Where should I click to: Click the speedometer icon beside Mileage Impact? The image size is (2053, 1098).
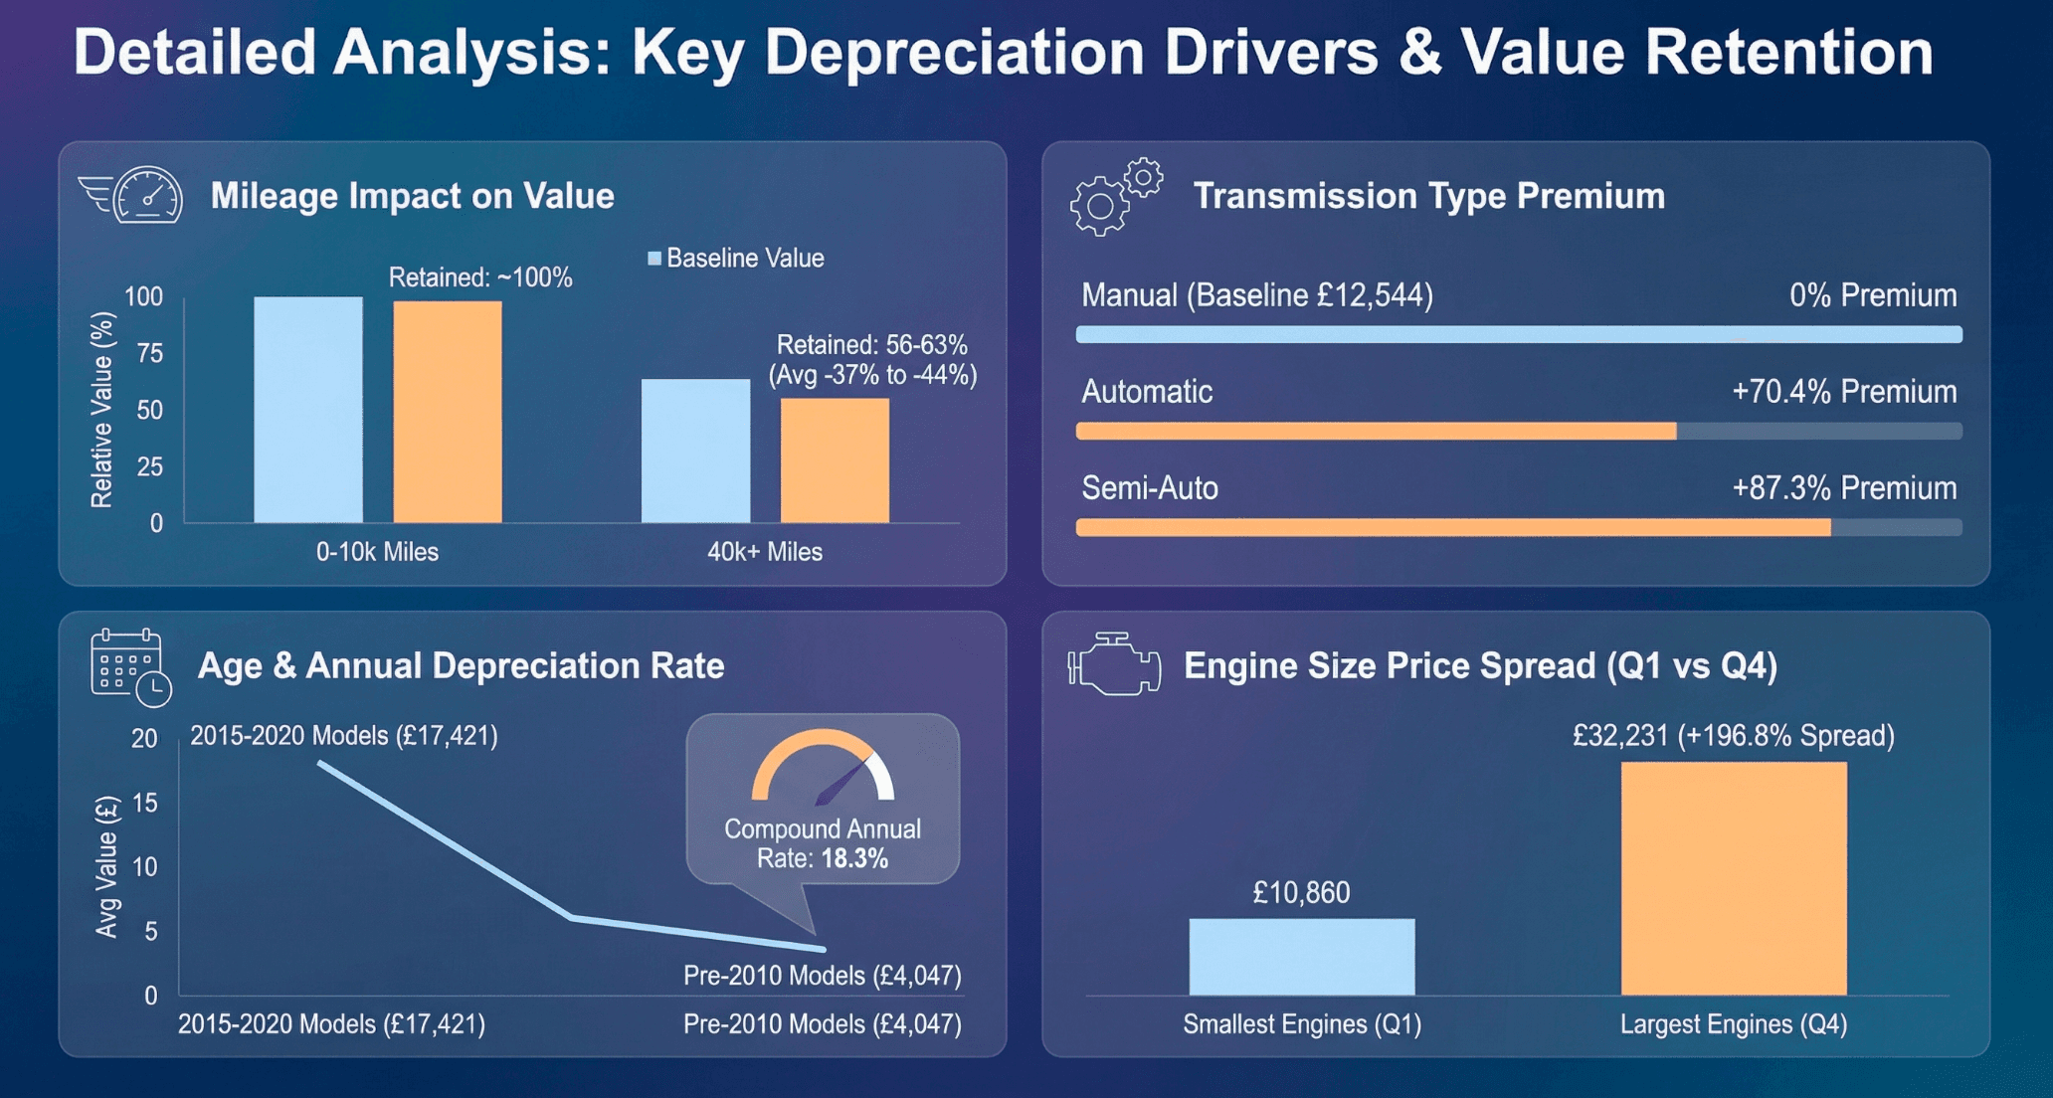tap(146, 194)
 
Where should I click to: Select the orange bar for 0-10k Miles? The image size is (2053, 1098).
tap(448, 412)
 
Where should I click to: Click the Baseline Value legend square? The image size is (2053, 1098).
tap(654, 259)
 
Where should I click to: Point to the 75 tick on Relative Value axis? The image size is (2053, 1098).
tap(149, 353)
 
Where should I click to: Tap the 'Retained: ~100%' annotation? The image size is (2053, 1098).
tap(479, 277)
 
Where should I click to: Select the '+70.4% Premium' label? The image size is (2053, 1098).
tap(1843, 391)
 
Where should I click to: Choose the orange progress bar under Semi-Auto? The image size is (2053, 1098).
tap(1452, 527)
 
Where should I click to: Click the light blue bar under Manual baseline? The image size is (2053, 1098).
tap(1518, 334)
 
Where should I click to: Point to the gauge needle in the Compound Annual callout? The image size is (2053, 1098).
tap(841, 782)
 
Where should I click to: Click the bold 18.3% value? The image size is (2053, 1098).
tap(854, 858)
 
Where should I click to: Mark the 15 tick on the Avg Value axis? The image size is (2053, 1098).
tap(145, 803)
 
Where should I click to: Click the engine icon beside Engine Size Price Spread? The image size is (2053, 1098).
tap(1114, 664)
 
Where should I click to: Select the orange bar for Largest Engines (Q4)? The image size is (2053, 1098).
tap(1733, 878)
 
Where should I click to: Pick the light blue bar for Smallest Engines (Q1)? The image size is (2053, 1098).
tap(1301, 956)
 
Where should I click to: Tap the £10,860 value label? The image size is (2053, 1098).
tap(1301, 892)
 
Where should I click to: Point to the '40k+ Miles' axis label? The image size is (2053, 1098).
tap(764, 552)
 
